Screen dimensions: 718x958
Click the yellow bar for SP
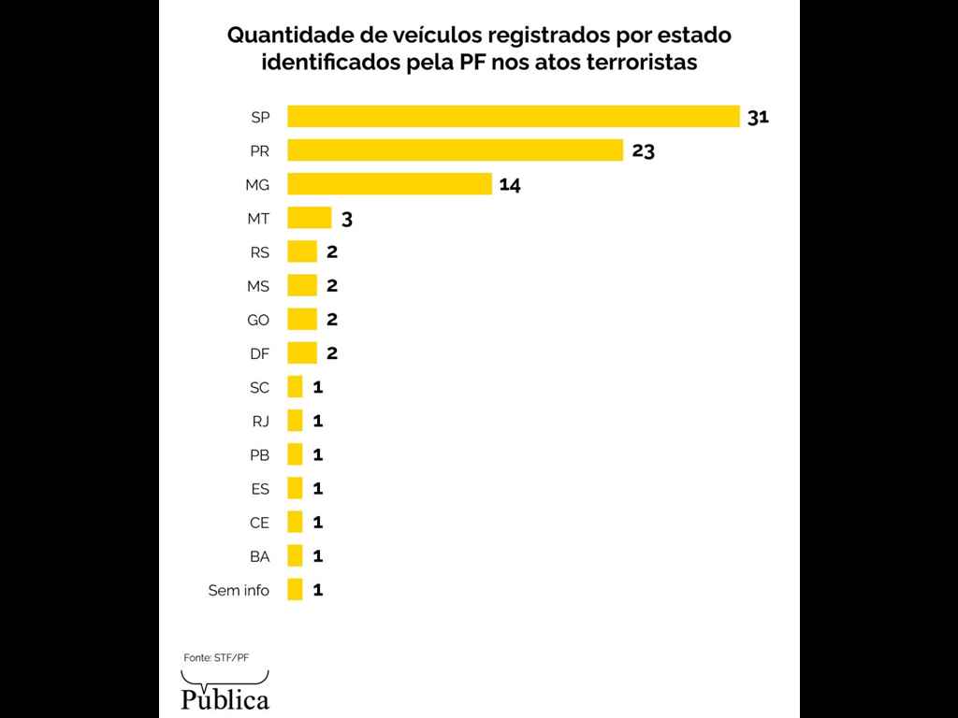tap(513, 116)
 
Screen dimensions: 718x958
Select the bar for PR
tap(455, 150)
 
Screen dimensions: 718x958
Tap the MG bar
tap(389, 184)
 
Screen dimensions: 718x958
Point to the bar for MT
tap(309, 218)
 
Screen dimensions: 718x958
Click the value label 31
tap(758, 117)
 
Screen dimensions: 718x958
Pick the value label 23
tap(643, 151)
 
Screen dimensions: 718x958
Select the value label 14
tap(510, 184)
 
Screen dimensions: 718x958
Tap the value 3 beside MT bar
tap(346, 219)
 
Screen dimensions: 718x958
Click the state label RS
tap(259, 251)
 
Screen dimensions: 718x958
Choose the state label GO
tap(257, 320)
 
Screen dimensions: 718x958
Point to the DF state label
tap(259, 353)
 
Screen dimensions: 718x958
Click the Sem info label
tap(239, 590)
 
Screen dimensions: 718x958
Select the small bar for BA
tap(295, 555)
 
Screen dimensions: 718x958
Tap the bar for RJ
tap(295, 421)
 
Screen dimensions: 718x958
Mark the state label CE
tap(259, 523)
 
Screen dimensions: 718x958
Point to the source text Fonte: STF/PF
tap(216, 657)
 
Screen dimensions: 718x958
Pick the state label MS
tap(257, 286)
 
